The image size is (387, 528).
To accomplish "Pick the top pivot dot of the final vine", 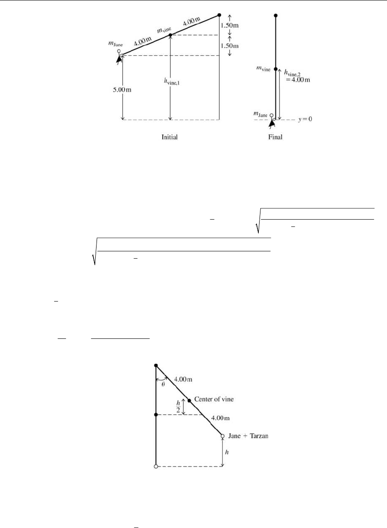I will (276, 15).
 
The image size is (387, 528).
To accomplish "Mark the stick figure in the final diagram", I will (271, 124).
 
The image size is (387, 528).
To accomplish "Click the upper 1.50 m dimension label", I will (230, 25).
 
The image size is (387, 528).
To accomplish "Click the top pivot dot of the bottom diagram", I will (156, 365).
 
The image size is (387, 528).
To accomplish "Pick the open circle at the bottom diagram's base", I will (156, 466).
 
